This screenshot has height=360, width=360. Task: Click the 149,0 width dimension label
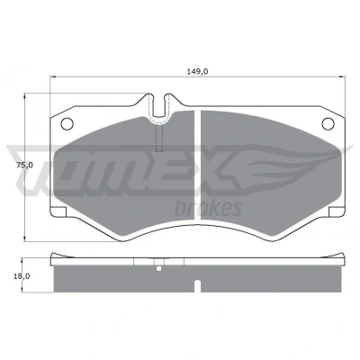197,72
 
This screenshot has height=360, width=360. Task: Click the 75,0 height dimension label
24,165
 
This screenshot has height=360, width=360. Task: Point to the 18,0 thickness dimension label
22,276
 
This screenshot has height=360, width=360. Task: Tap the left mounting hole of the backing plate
67,123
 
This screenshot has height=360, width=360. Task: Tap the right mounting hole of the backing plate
328,123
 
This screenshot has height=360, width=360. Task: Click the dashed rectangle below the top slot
159,138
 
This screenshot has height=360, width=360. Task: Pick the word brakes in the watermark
209,208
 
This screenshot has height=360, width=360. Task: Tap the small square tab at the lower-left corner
59,211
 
